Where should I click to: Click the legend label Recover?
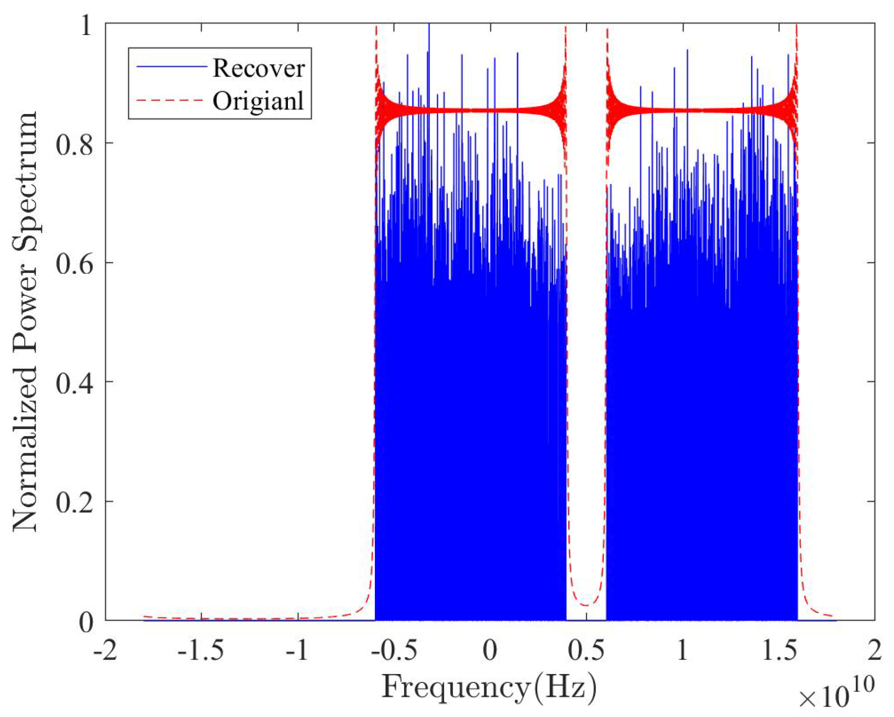tap(258, 68)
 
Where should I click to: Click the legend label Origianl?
tap(258, 101)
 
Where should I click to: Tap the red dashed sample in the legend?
tap(171, 100)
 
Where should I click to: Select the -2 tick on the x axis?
tap(105, 650)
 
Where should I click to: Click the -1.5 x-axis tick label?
tap(201, 650)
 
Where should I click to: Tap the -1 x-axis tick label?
tap(297, 650)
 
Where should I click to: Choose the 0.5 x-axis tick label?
tap(586, 650)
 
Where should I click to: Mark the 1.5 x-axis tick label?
tap(778, 650)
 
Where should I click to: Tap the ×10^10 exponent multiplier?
tap(836, 696)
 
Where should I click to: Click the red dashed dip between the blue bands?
tap(586, 605)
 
